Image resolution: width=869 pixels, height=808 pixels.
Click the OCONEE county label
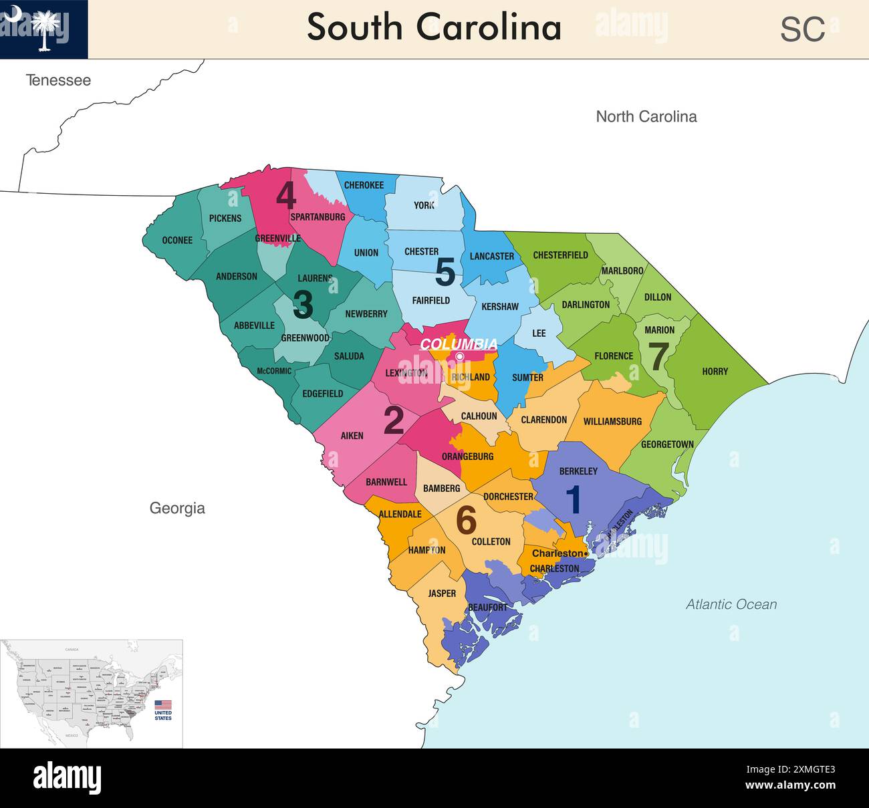[177, 241]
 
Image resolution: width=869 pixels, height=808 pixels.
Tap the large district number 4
[286, 196]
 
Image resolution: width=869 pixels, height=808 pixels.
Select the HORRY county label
[715, 372]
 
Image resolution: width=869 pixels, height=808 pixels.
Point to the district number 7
[658, 357]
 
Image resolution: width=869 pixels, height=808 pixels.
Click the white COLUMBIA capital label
[459, 344]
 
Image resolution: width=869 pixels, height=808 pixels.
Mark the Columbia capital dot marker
[460, 357]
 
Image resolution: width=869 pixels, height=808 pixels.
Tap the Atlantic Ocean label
[731, 604]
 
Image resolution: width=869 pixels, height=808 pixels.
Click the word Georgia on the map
[177, 508]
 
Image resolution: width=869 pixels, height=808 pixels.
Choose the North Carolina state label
[646, 116]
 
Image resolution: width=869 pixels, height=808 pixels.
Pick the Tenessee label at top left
[58, 80]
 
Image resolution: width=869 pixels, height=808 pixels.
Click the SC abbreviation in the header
[802, 29]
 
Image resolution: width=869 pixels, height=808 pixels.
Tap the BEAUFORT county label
[488, 608]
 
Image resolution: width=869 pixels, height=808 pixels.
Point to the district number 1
[574, 500]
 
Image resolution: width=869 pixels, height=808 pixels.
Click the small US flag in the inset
[163, 704]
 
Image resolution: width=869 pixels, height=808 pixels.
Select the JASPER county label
[442, 593]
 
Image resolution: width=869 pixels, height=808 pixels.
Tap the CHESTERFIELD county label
[560, 255]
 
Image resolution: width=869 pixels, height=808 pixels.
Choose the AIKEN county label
[352, 436]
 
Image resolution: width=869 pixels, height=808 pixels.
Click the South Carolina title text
[434, 28]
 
